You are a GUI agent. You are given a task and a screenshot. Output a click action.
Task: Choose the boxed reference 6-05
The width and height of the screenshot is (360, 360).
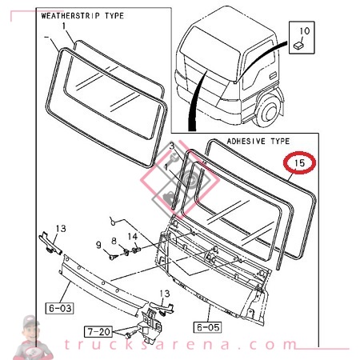pos(206,326)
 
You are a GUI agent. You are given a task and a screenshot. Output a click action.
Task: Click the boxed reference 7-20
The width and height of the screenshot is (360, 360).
pos(100,330)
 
